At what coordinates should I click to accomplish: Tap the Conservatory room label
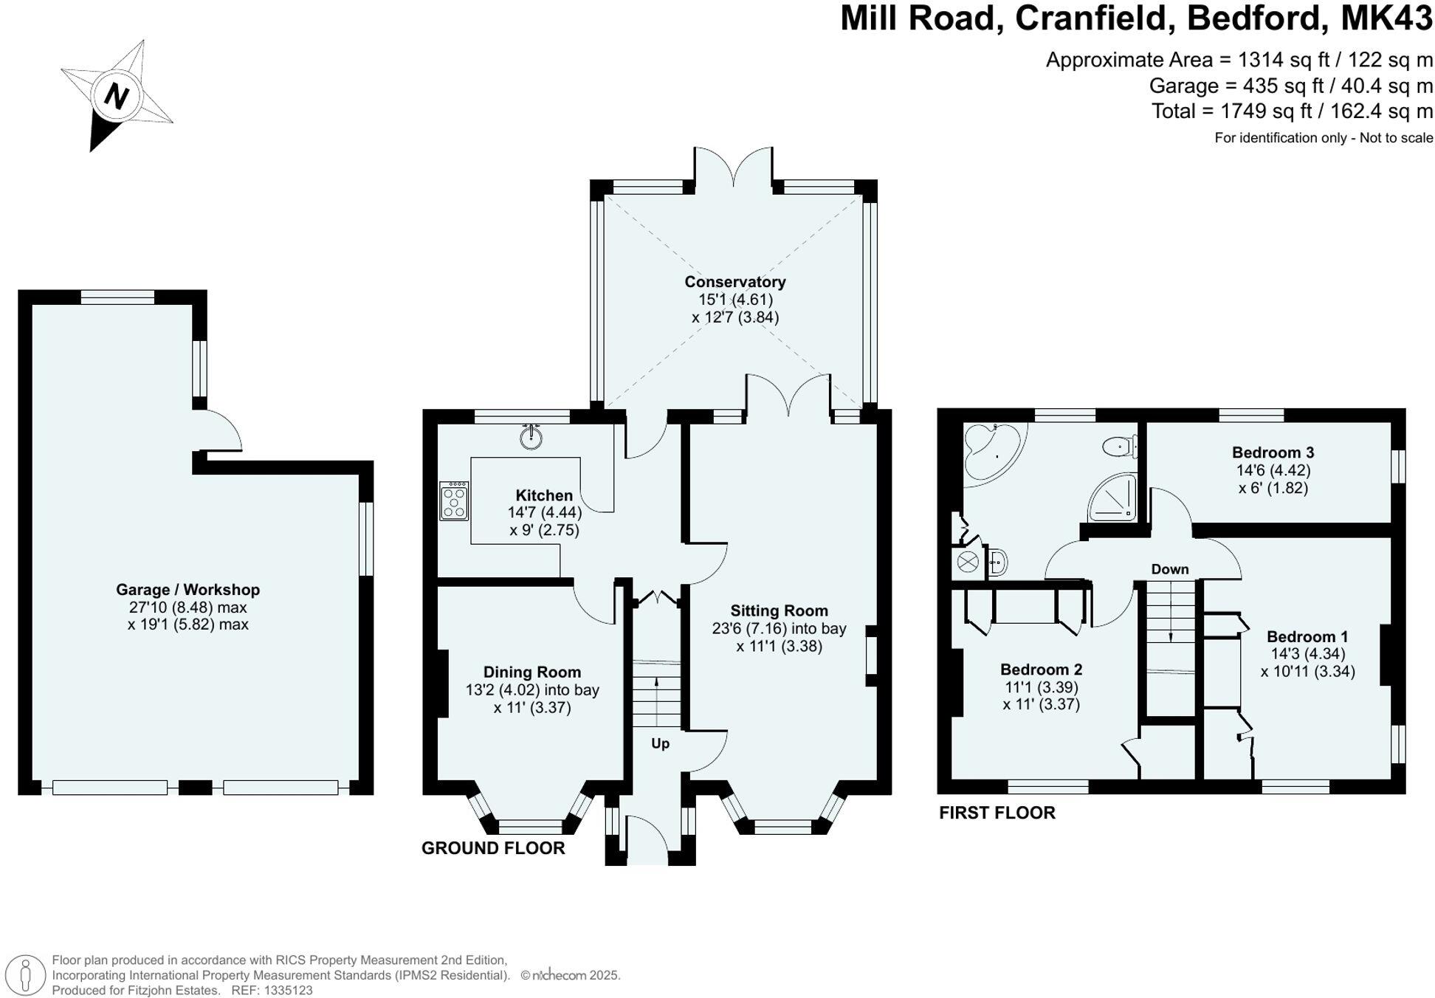[x=734, y=282]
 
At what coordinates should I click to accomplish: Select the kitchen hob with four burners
[x=453, y=501]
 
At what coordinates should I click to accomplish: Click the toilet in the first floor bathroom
[x=1120, y=446]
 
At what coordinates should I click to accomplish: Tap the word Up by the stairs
[x=660, y=743]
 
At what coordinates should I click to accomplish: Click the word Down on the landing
[x=1169, y=569]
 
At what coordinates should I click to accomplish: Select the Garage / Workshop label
[x=187, y=590]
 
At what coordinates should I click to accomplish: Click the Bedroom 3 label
[x=1273, y=452]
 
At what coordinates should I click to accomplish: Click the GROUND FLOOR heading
[x=493, y=848]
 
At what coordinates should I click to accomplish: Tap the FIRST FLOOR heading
[x=997, y=813]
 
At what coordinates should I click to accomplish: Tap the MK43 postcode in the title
[x=1386, y=18]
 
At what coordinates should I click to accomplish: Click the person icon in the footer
[x=27, y=974]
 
